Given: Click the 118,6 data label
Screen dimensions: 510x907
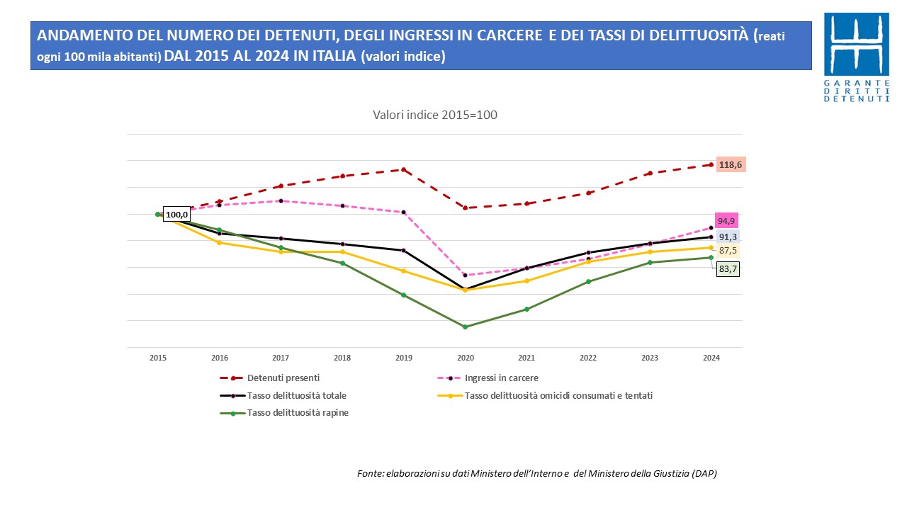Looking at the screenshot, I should (731, 164).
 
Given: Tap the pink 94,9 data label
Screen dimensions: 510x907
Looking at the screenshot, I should (726, 220).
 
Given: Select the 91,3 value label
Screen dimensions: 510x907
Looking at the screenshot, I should (727, 237).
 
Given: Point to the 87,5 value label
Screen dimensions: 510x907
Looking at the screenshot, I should (727, 251).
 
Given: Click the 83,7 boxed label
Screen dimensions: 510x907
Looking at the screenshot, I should (727, 268).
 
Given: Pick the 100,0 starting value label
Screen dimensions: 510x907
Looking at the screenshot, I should (176, 215).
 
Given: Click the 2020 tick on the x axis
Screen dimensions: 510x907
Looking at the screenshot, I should (466, 358).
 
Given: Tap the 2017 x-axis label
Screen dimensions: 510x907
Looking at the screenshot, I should (281, 358).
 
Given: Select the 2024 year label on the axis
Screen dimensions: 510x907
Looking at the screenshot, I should (711, 358).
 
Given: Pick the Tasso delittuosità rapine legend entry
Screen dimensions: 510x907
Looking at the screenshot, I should (297, 413).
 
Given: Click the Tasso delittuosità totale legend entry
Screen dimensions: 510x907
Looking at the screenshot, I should (301, 395).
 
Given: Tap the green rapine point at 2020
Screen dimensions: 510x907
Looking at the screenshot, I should (466, 327).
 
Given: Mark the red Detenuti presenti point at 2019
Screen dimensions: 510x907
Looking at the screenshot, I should (404, 169).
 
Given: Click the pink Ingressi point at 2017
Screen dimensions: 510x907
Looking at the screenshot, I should (281, 200).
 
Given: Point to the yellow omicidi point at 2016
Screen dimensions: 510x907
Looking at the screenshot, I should (220, 242).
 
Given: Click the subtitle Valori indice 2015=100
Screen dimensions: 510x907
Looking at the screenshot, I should (435, 115).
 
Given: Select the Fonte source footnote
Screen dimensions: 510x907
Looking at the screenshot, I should (536, 473).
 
